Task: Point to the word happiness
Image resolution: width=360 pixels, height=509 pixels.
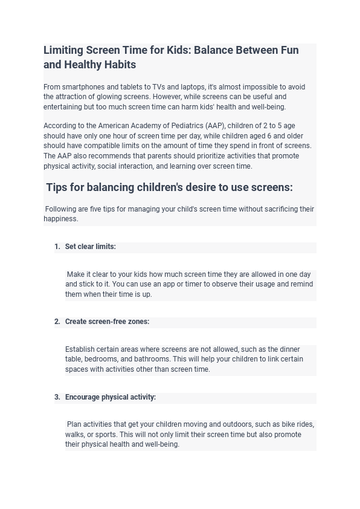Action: (60, 219)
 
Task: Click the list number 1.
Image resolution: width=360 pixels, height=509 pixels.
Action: (57, 247)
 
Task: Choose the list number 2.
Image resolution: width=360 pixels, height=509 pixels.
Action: (57, 322)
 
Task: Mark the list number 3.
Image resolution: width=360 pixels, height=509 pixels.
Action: (57, 397)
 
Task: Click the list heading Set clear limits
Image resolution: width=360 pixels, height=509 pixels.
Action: (91, 247)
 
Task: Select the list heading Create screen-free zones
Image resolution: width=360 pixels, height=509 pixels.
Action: (107, 322)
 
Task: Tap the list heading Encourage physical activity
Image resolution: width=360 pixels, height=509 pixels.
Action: (111, 397)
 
